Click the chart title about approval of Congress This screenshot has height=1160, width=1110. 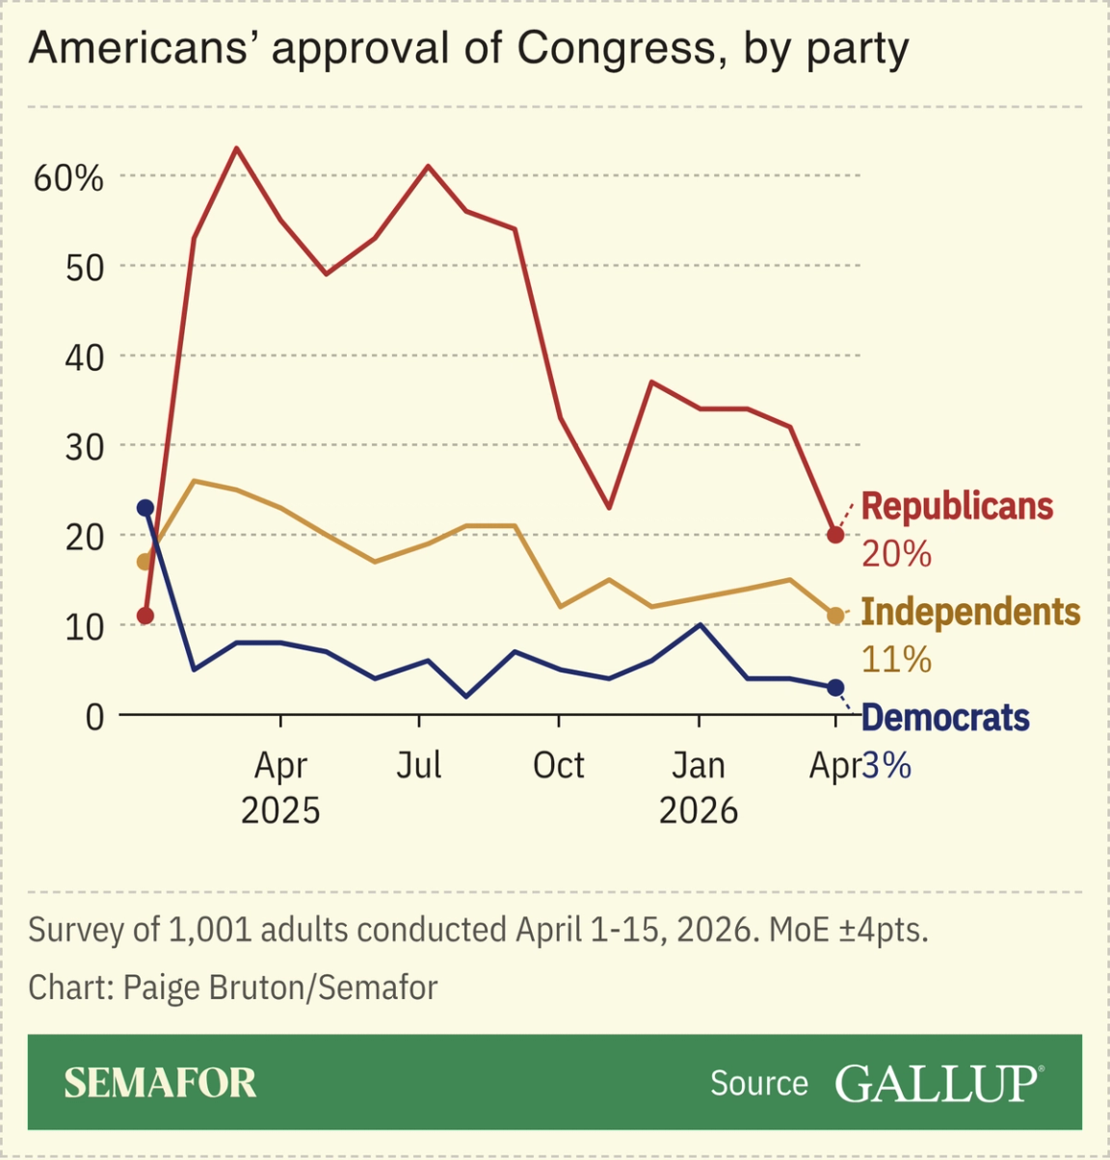[468, 48]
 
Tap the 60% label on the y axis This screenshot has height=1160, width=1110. [68, 178]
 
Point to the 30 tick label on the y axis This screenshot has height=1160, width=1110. [85, 447]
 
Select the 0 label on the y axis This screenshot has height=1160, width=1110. [94, 717]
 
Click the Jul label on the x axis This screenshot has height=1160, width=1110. [419, 766]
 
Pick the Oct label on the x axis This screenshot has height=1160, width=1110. [559, 766]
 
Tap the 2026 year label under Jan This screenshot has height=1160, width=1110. [699, 811]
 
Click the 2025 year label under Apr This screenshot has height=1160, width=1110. [280, 811]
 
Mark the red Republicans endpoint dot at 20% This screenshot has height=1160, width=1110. [835, 535]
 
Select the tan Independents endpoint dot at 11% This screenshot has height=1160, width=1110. [835, 616]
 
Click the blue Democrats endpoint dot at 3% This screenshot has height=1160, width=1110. [835, 688]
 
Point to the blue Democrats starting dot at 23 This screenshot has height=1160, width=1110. [145, 508]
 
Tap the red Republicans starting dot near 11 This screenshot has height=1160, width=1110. [145, 616]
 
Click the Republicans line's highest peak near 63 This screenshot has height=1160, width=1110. [237, 148]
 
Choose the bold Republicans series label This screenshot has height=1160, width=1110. [957, 507]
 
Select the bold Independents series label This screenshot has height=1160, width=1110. [970, 613]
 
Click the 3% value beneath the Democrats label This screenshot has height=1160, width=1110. [885, 766]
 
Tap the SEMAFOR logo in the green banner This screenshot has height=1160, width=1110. [161, 1083]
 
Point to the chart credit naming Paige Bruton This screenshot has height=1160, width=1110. [233, 988]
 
